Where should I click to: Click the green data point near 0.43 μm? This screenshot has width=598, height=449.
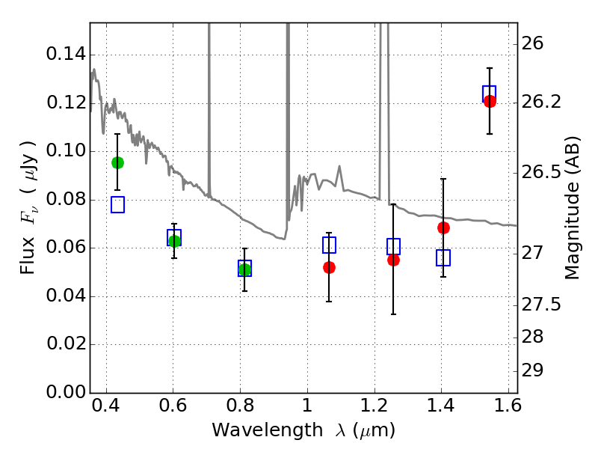[117, 162]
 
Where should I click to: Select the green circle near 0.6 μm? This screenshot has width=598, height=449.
[174, 241]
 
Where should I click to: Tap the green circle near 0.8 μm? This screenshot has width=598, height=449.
[244, 269]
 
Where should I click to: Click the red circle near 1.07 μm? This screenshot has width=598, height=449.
[329, 267]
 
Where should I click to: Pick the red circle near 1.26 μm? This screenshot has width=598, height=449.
[393, 260]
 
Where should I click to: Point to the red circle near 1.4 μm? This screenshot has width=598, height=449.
[443, 227]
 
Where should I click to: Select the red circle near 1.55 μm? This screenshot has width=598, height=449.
[490, 101]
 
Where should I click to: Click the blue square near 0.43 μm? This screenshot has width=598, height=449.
[117, 204]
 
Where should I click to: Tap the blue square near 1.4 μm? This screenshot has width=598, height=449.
[443, 257]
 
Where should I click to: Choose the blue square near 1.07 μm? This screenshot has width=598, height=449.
[329, 245]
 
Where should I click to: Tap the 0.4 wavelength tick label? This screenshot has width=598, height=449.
[106, 409]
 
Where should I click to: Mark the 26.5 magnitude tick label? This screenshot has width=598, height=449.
[543, 173]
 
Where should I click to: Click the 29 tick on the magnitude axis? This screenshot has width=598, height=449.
[536, 371]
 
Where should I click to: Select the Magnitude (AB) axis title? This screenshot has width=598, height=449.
[573, 208]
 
